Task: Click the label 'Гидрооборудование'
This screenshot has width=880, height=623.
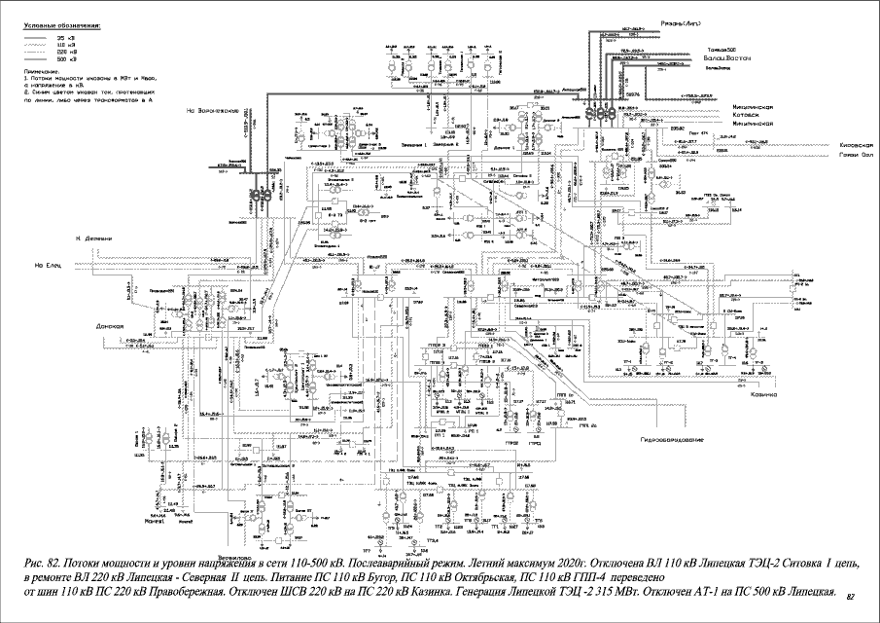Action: coord(671,440)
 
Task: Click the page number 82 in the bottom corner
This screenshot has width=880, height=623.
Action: coord(851,595)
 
